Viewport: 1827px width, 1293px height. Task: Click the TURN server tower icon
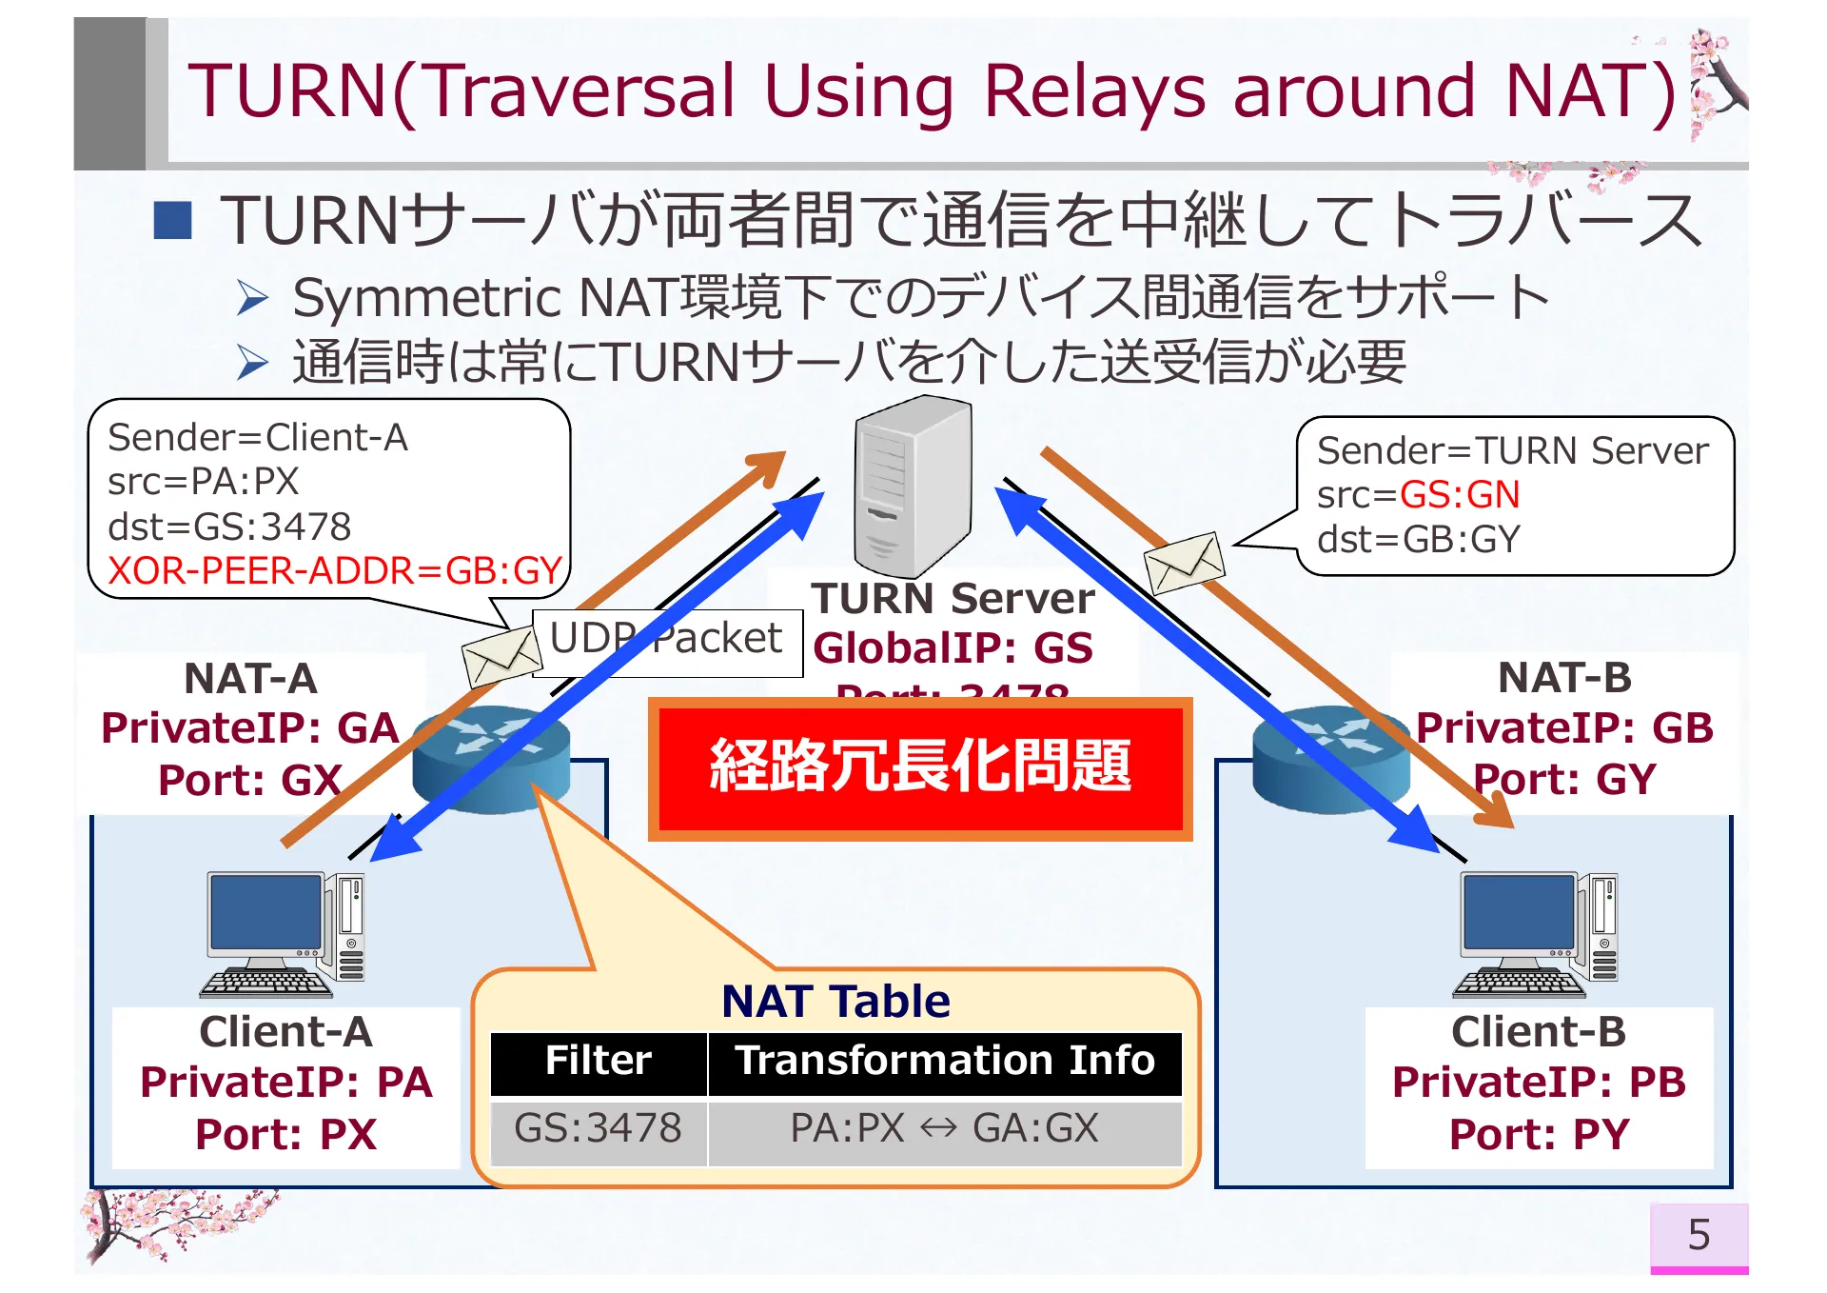coord(912,486)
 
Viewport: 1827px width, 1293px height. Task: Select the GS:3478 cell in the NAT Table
coord(598,1129)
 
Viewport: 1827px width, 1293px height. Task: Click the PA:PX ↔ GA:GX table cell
coord(944,1129)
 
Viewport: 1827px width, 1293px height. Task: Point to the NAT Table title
coord(835,1002)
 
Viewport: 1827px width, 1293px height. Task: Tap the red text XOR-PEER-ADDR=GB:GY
coord(335,571)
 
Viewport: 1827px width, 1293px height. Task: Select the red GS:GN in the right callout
coord(1460,495)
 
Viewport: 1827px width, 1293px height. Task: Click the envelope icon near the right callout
coord(1184,563)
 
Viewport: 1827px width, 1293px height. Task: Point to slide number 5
coord(1699,1236)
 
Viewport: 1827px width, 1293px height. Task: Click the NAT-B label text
coord(1564,679)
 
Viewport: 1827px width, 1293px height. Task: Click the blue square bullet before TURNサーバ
coord(173,220)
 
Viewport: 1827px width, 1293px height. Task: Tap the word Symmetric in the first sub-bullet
coord(426,298)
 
